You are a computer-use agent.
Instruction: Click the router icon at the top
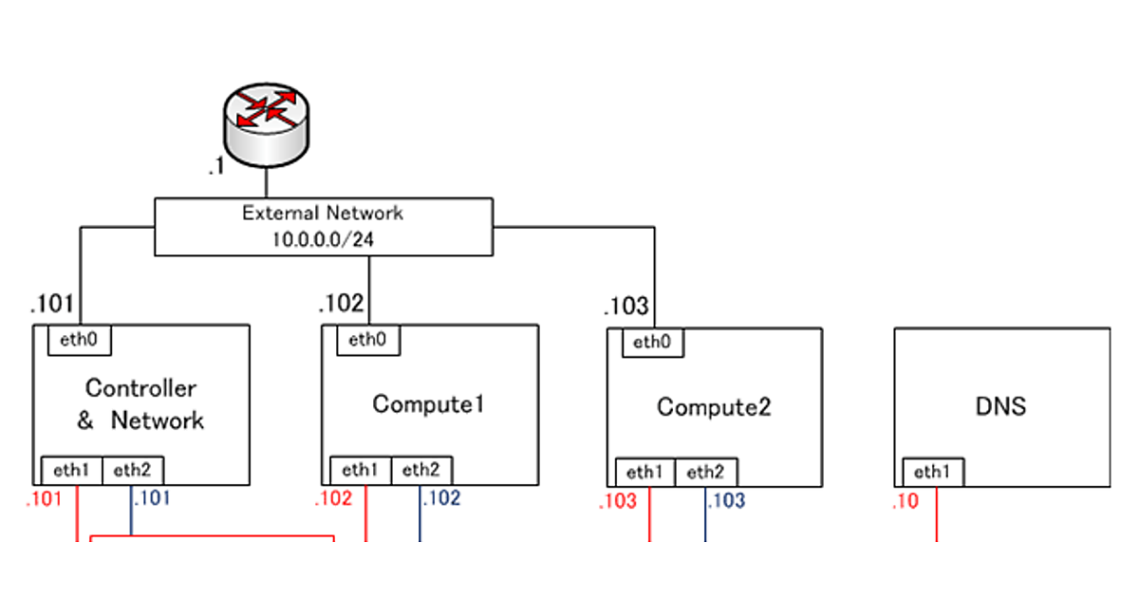pyautogui.click(x=266, y=118)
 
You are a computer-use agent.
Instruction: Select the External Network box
pyautogui.click(x=324, y=227)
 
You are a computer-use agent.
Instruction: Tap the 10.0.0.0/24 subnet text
pyautogui.click(x=323, y=240)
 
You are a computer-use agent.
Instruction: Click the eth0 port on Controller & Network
pyautogui.click(x=80, y=341)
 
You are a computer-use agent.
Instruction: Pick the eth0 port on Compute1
pyautogui.click(x=368, y=340)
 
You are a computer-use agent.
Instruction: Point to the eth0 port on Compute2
pyautogui.click(x=652, y=343)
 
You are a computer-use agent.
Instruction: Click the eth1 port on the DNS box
pyautogui.click(x=933, y=472)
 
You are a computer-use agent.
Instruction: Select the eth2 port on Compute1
pyautogui.click(x=421, y=470)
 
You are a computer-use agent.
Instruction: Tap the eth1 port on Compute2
pyautogui.click(x=645, y=472)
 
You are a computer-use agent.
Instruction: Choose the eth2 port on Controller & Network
pyautogui.click(x=133, y=469)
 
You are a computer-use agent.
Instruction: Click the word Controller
pyautogui.click(x=141, y=387)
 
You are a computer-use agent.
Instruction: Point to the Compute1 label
pyautogui.click(x=429, y=404)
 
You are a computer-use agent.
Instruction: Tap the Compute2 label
pyautogui.click(x=714, y=407)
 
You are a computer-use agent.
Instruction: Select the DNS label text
pyautogui.click(x=1000, y=407)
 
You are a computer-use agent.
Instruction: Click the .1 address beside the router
pyautogui.click(x=215, y=168)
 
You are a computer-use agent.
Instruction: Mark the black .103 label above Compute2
pyautogui.click(x=626, y=307)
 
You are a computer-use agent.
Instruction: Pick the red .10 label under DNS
pyautogui.click(x=906, y=502)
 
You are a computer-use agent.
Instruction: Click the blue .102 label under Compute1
pyautogui.click(x=441, y=498)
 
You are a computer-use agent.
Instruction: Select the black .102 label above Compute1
pyautogui.click(x=341, y=304)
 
